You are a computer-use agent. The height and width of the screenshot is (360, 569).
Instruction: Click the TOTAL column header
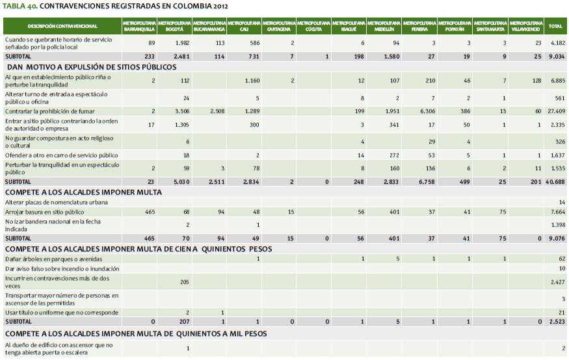click(555, 27)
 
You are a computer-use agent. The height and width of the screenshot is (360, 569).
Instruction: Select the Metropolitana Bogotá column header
click(175, 27)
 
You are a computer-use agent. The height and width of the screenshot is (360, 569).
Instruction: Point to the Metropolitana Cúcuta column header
click(315, 27)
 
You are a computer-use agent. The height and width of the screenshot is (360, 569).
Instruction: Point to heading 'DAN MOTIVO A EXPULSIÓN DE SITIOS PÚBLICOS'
click(91, 66)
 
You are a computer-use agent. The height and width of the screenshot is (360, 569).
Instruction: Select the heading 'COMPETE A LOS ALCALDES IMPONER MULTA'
click(83, 192)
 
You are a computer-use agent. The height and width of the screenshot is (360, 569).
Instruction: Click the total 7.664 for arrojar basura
click(555, 212)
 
